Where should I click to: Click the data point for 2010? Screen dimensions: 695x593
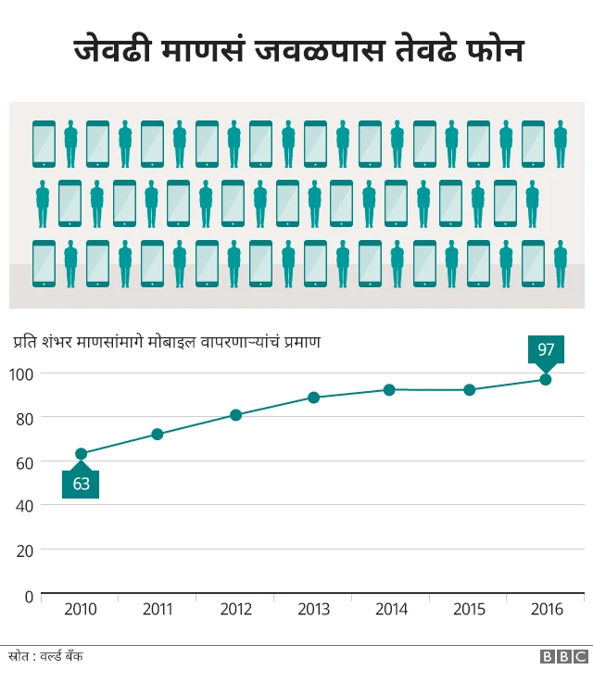coord(81,454)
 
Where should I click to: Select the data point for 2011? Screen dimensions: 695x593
coord(158,434)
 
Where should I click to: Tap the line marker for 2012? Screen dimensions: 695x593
coord(235,415)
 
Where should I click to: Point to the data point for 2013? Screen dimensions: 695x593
coord(313,398)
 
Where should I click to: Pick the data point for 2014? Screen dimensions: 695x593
coord(389,390)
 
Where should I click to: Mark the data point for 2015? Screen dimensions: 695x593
coord(469,390)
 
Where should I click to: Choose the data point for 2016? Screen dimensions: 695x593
coord(546,379)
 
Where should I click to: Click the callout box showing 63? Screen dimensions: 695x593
coord(81,484)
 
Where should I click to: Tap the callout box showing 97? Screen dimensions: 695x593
coord(546,349)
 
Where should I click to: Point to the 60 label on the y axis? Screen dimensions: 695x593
coord(24,461)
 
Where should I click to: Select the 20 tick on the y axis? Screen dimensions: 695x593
coord(24,550)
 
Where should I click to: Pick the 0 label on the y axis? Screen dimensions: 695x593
coord(28,595)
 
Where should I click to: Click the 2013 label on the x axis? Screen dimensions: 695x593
coord(313,610)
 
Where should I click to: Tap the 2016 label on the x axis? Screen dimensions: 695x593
coord(546,610)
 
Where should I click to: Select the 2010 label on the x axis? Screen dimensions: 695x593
coord(81,610)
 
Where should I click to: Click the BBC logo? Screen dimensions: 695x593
coord(564,656)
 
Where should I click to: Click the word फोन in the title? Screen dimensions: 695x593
coord(492,50)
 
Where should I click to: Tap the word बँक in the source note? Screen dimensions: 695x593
coord(73,656)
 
